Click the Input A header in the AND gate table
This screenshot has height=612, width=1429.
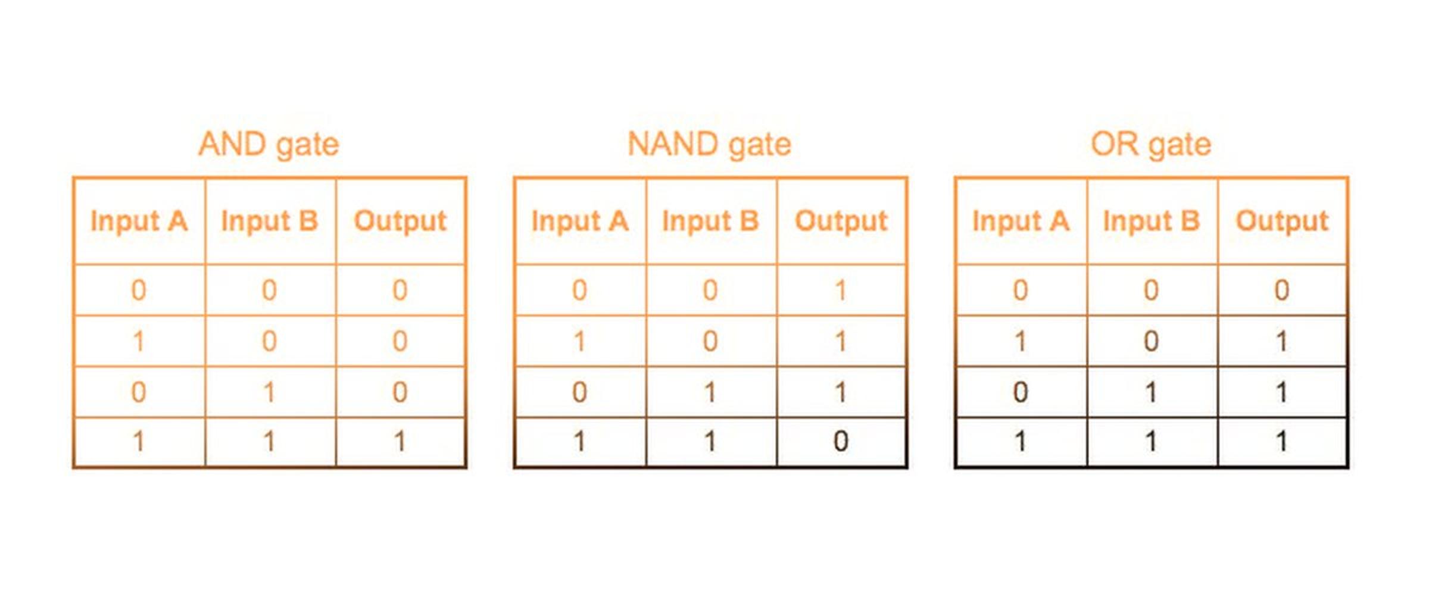click(x=139, y=221)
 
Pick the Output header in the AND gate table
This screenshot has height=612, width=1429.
click(x=400, y=221)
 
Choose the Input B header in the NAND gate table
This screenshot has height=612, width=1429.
click(x=711, y=221)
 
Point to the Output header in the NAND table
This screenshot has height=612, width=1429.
click(x=841, y=221)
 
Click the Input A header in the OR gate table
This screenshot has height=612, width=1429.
click(x=1021, y=221)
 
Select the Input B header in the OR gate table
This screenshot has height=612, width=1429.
click(x=1152, y=221)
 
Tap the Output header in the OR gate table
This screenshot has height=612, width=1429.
click(x=1282, y=221)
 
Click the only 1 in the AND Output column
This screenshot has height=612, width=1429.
click(x=400, y=441)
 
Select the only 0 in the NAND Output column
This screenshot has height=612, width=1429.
click(x=841, y=441)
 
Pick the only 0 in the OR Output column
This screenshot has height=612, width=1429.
click(x=1282, y=291)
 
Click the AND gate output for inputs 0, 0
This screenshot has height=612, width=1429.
click(x=400, y=291)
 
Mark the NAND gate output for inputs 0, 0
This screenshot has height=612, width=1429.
click(x=841, y=291)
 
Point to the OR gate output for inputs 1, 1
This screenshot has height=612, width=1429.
click(x=1282, y=441)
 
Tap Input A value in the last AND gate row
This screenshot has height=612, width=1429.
click(x=138, y=441)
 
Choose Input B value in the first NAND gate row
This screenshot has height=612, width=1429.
click(x=710, y=291)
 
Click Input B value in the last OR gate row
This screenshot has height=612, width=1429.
click(x=1151, y=441)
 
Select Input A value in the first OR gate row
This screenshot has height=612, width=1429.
click(x=1021, y=291)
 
